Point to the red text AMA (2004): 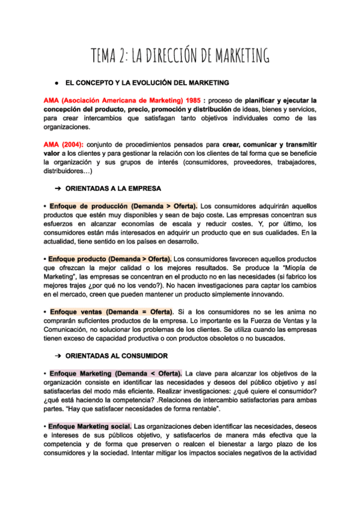point(64,146)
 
